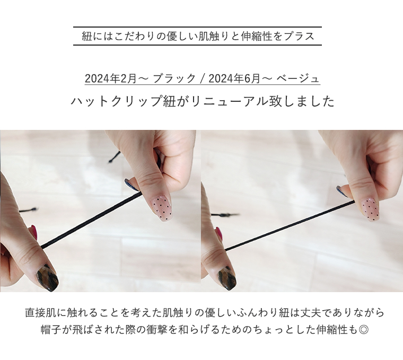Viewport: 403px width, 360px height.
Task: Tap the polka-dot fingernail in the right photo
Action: coord(369,207)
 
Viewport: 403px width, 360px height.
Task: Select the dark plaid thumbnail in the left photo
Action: coord(47,277)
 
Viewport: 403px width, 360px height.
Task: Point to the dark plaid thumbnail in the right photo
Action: coord(227,276)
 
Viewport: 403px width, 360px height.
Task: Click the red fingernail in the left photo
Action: coord(33,232)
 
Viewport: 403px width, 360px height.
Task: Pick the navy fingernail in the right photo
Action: coord(342,191)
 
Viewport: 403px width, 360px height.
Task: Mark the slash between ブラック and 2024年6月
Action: coord(202,79)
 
